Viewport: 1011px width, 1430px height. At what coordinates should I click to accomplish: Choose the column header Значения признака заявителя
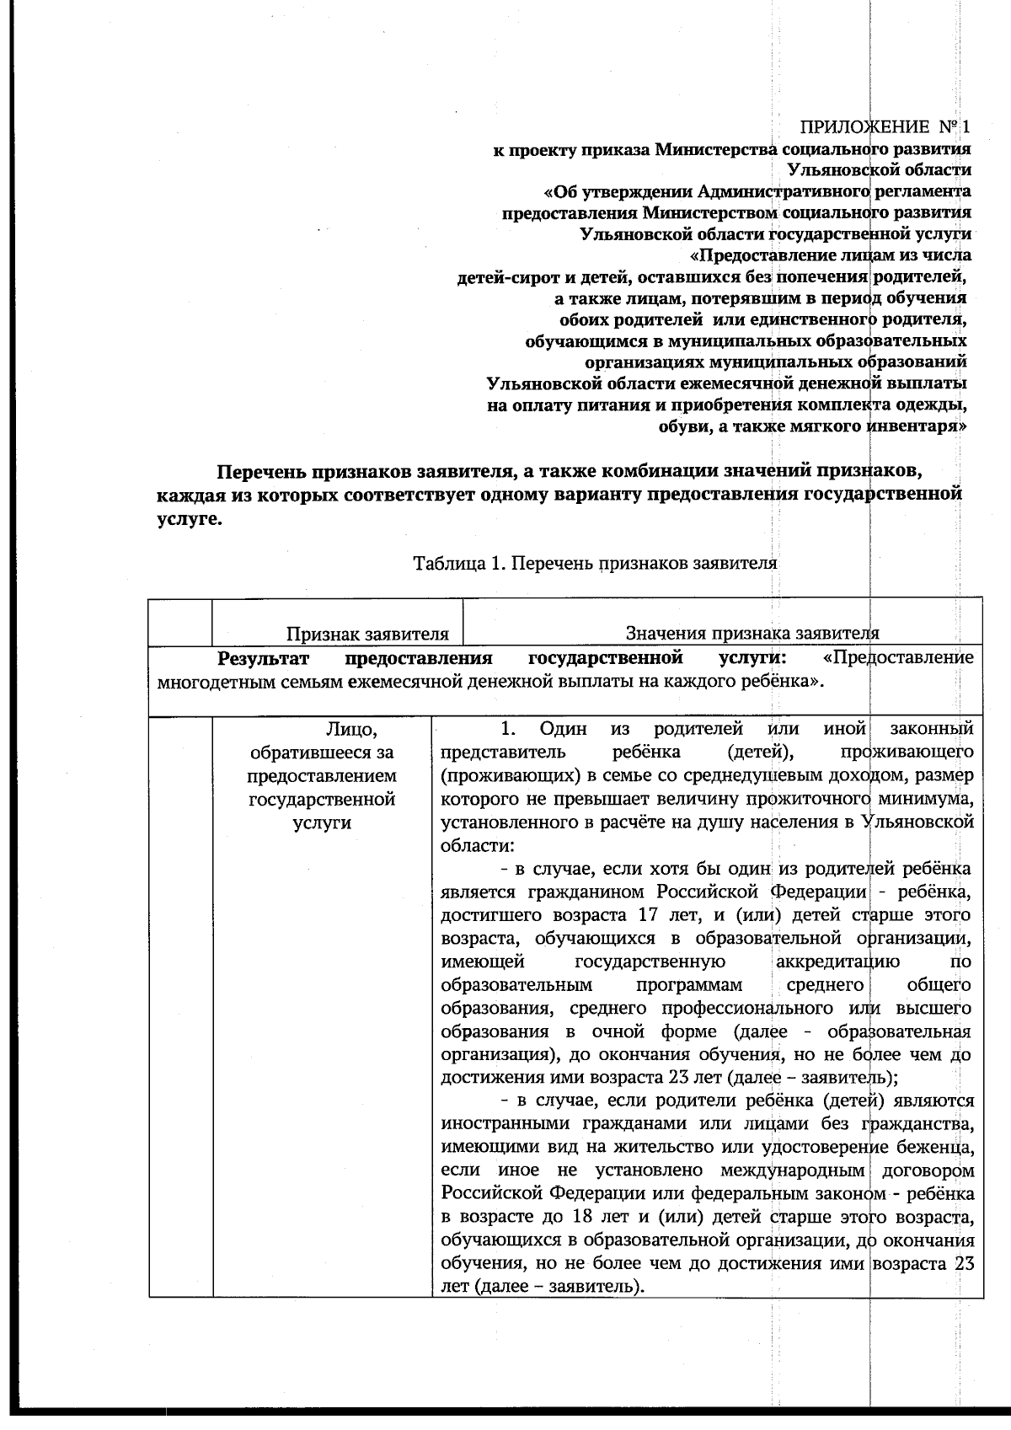point(752,634)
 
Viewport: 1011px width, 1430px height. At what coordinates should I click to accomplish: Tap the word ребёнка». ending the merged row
point(784,681)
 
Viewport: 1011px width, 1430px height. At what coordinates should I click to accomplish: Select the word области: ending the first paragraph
point(477,844)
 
